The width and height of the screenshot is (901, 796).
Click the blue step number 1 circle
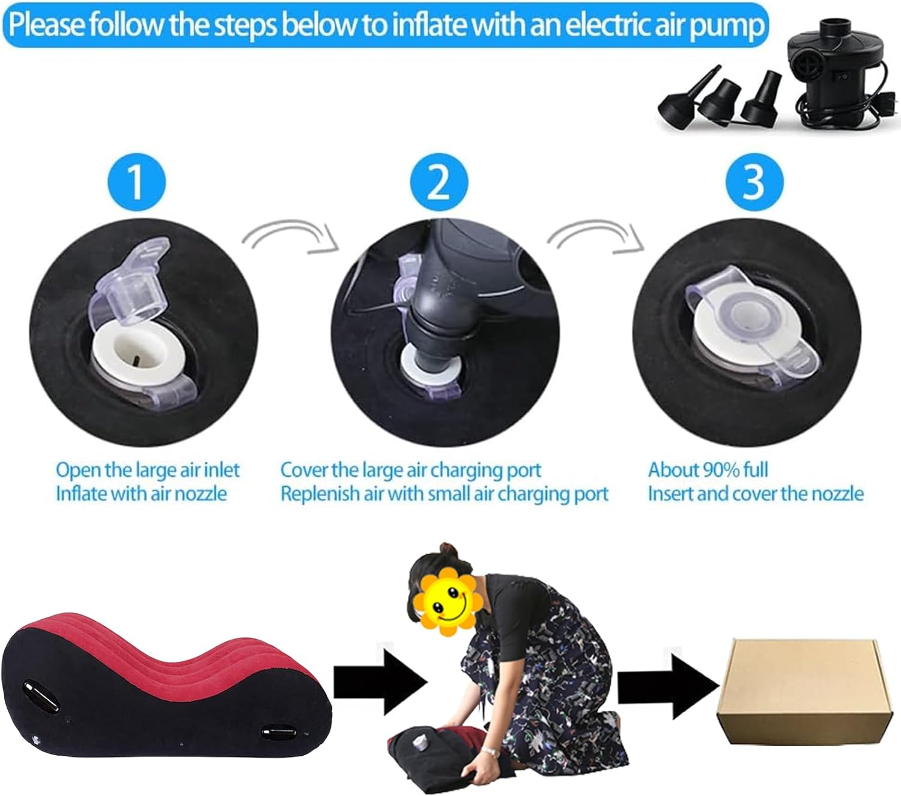[x=136, y=182]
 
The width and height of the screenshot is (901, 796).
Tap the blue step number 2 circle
[x=439, y=182]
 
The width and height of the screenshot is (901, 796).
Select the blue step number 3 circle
[x=754, y=182]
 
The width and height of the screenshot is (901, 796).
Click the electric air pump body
[x=825, y=71]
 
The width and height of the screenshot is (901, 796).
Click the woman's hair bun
[x=448, y=551]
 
